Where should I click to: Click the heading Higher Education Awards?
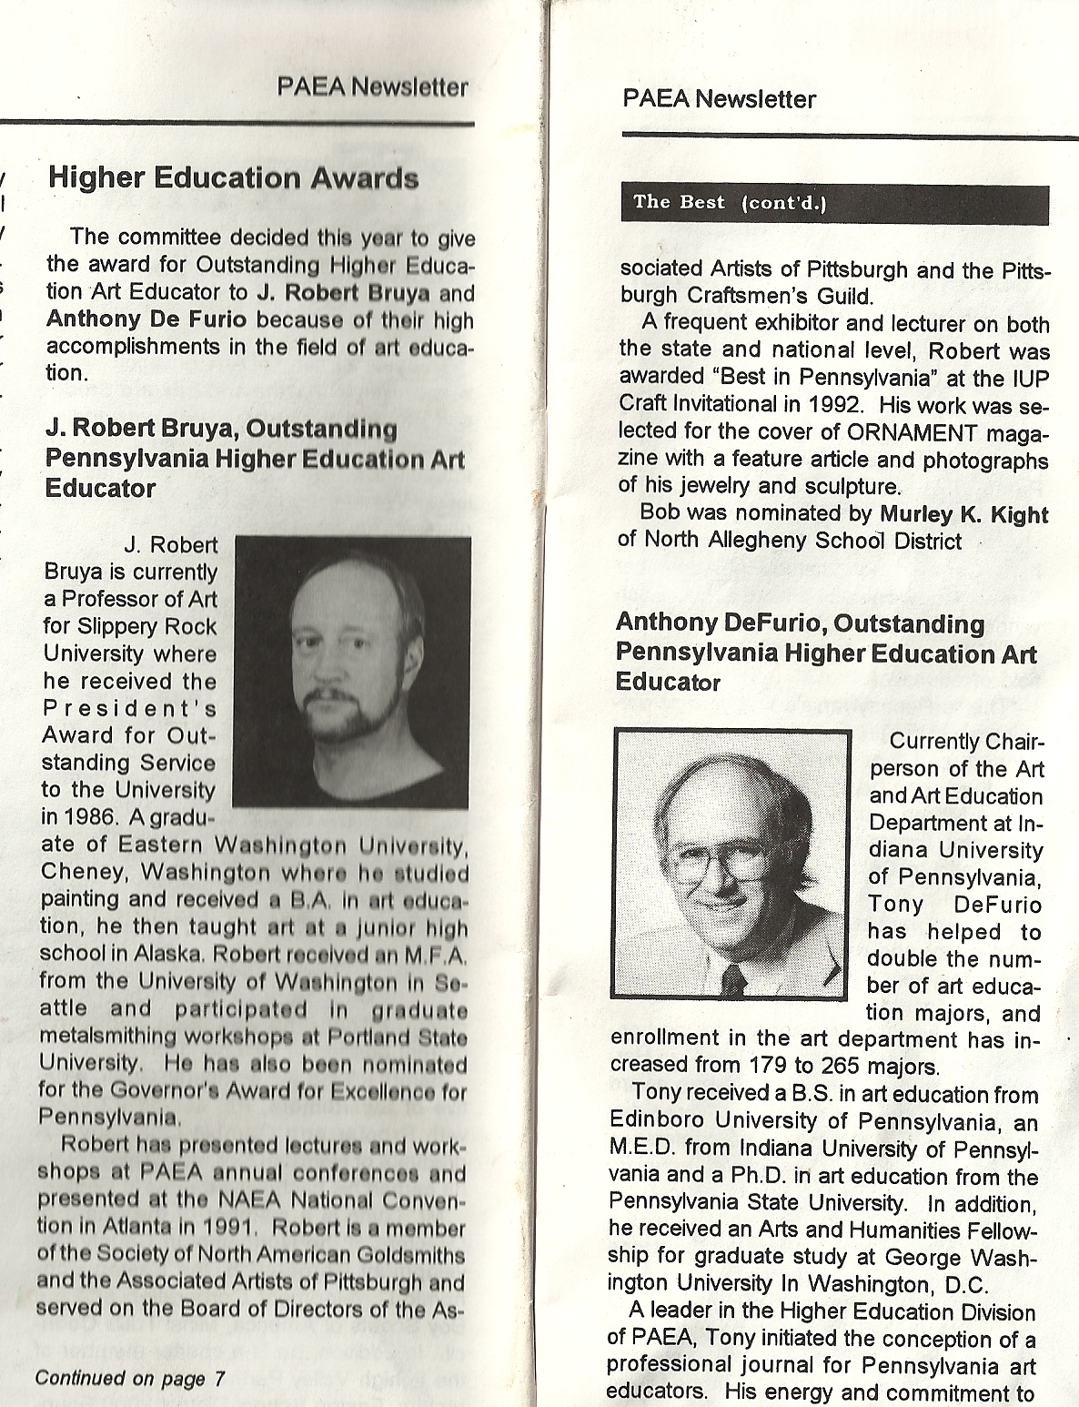click(233, 178)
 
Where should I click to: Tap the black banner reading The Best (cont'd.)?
click(833, 204)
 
